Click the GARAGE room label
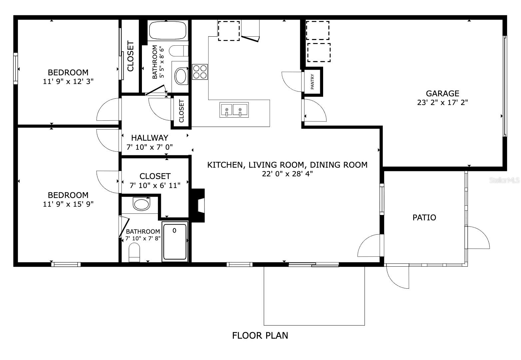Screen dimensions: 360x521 click(442, 94)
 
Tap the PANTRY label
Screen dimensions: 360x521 click(312, 82)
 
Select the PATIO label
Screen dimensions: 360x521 click(424, 218)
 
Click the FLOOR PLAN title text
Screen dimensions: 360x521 click(260, 335)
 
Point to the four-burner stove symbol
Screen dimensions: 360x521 click(200, 71)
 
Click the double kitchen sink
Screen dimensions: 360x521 click(234, 110)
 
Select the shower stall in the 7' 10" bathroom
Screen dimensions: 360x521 click(175, 241)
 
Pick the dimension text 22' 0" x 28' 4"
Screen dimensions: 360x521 click(287, 174)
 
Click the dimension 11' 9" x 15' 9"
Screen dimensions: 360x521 click(68, 204)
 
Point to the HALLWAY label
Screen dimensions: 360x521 click(150, 138)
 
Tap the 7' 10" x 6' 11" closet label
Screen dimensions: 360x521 click(155, 185)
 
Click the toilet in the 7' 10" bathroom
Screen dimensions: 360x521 click(135, 253)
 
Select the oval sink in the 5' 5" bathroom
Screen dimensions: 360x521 click(182, 76)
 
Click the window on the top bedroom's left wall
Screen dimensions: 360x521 click(15, 68)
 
